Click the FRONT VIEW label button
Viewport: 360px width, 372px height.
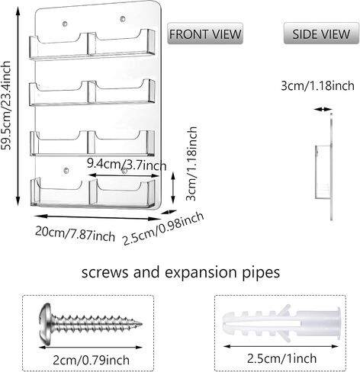click(x=205, y=34)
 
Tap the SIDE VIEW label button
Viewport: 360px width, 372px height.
click(x=321, y=34)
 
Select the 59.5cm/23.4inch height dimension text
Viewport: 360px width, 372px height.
click(x=6, y=105)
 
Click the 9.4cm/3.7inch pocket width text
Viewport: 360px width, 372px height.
click(x=127, y=164)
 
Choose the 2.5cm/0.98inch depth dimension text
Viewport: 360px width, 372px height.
click(x=163, y=229)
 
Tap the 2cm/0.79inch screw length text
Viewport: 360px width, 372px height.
click(x=91, y=360)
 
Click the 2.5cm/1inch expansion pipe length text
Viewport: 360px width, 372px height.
click(x=281, y=358)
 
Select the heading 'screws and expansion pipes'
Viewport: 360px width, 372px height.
click(x=181, y=272)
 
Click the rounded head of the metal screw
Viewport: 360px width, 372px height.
click(x=46, y=324)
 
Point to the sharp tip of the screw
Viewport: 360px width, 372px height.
click(x=141, y=324)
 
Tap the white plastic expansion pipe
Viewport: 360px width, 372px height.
click(x=281, y=323)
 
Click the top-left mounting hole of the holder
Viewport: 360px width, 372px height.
click(x=65, y=24)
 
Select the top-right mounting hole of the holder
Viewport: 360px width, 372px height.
click(x=123, y=19)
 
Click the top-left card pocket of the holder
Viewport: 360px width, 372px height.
click(x=59, y=47)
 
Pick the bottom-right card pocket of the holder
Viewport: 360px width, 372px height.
click(x=122, y=193)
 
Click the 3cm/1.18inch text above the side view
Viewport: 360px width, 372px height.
click(x=317, y=85)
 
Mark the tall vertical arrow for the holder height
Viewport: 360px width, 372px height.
click(x=18, y=106)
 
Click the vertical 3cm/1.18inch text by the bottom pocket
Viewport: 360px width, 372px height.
click(x=191, y=164)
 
